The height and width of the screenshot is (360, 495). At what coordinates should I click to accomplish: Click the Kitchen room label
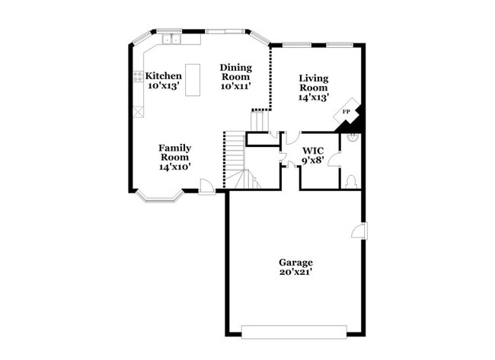163,76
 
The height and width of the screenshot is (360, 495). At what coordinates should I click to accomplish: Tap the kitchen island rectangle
193,80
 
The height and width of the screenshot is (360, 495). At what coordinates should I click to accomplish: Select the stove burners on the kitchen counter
138,77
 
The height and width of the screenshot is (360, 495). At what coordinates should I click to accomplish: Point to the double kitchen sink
171,40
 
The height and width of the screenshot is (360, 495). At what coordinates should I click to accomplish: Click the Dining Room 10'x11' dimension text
235,86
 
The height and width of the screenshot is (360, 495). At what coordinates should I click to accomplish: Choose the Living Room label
314,83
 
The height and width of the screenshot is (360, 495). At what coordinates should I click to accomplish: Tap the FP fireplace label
346,112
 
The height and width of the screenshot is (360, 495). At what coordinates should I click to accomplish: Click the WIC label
313,151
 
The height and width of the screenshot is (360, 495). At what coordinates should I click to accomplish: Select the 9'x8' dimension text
313,161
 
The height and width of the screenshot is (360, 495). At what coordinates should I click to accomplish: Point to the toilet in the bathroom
351,183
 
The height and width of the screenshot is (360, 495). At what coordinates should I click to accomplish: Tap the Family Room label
174,152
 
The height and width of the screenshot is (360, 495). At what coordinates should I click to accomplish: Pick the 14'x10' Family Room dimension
174,167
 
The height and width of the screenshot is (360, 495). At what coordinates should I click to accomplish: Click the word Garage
295,263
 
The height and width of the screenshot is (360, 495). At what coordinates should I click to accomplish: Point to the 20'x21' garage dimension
295,272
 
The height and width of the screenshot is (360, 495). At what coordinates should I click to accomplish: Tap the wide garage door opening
294,332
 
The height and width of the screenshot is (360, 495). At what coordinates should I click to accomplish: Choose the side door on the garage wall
360,231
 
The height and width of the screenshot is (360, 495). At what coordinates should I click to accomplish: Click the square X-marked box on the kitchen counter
139,112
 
